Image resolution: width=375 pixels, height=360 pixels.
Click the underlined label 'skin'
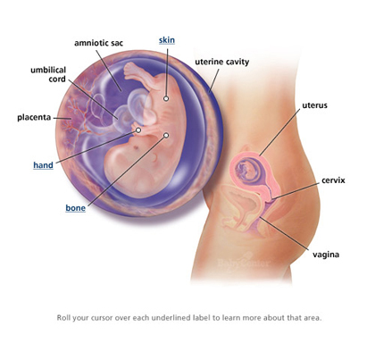[167, 40]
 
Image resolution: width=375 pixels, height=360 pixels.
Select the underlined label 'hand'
[43, 165]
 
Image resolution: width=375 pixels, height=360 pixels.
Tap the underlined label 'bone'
[76, 208]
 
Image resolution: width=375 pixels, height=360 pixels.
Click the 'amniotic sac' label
[98, 43]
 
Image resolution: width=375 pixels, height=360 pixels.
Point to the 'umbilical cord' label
[48, 74]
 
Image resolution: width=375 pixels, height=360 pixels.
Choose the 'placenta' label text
[34, 117]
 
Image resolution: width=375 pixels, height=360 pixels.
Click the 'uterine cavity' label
[222, 62]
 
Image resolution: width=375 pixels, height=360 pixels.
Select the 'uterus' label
[314, 105]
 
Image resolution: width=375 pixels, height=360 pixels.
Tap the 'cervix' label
[333, 180]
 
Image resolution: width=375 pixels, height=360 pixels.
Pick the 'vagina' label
[326, 255]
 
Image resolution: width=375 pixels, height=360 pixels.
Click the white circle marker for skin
[166, 98]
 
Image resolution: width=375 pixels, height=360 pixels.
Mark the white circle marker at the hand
[138, 130]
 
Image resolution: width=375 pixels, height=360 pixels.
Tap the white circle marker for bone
[166, 136]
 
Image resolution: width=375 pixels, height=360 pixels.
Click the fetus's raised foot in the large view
[131, 70]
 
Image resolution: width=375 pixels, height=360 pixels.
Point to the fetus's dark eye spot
[136, 147]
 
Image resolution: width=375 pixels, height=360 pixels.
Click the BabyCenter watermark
[244, 262]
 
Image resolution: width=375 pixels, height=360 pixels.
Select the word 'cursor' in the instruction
[101, 318]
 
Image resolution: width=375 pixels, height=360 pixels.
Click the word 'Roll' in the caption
[63, 317]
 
